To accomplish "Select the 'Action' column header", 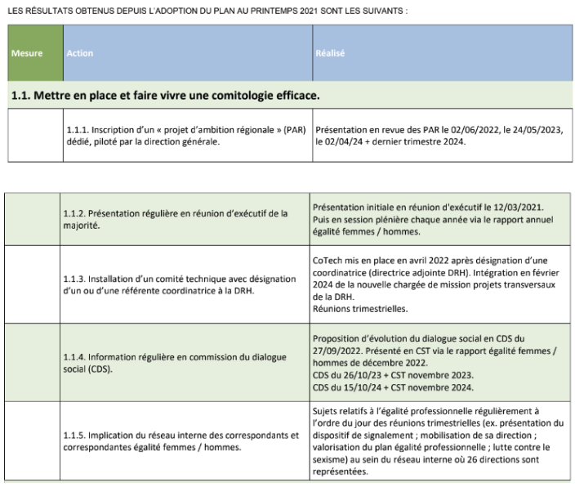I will tap(80, 53).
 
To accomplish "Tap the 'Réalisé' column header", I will tap(330, 53).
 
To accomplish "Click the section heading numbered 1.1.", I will tap(164, 96).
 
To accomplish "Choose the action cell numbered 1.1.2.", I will tap(177, 219).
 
